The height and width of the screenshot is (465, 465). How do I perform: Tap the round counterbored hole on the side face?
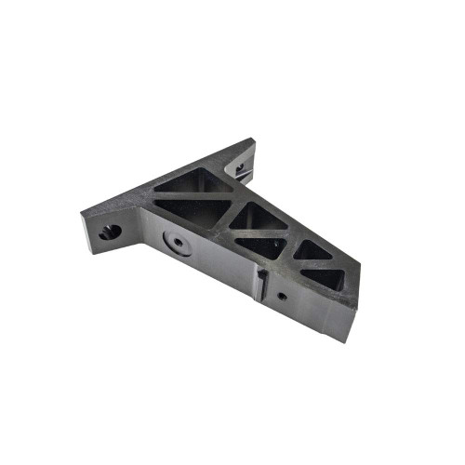pos(175,244)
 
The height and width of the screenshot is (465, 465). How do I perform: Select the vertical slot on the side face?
pos(262,283)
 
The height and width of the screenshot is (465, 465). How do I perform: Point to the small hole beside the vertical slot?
pos(282,297)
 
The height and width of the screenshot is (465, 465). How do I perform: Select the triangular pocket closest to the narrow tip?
pos(324,276)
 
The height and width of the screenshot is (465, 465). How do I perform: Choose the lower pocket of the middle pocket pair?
pos(263,246)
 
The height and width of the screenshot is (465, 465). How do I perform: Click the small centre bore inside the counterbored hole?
pos(175,245)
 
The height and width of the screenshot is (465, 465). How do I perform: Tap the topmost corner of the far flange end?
pos(251,139)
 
